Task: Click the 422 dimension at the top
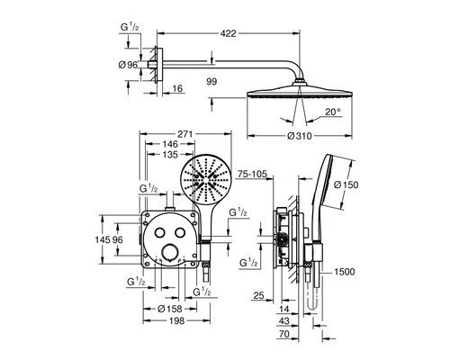click(229, 33)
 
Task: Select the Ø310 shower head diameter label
click(300, 136)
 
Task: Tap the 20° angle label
click(333, 112)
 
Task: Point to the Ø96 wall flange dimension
click(128, 65)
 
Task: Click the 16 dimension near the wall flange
click(177, 88)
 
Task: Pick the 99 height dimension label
click(211, 81)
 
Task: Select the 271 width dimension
click(184, 133)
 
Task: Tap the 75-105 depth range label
click(252, 174)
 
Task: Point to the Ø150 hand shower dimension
click(346, 184)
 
